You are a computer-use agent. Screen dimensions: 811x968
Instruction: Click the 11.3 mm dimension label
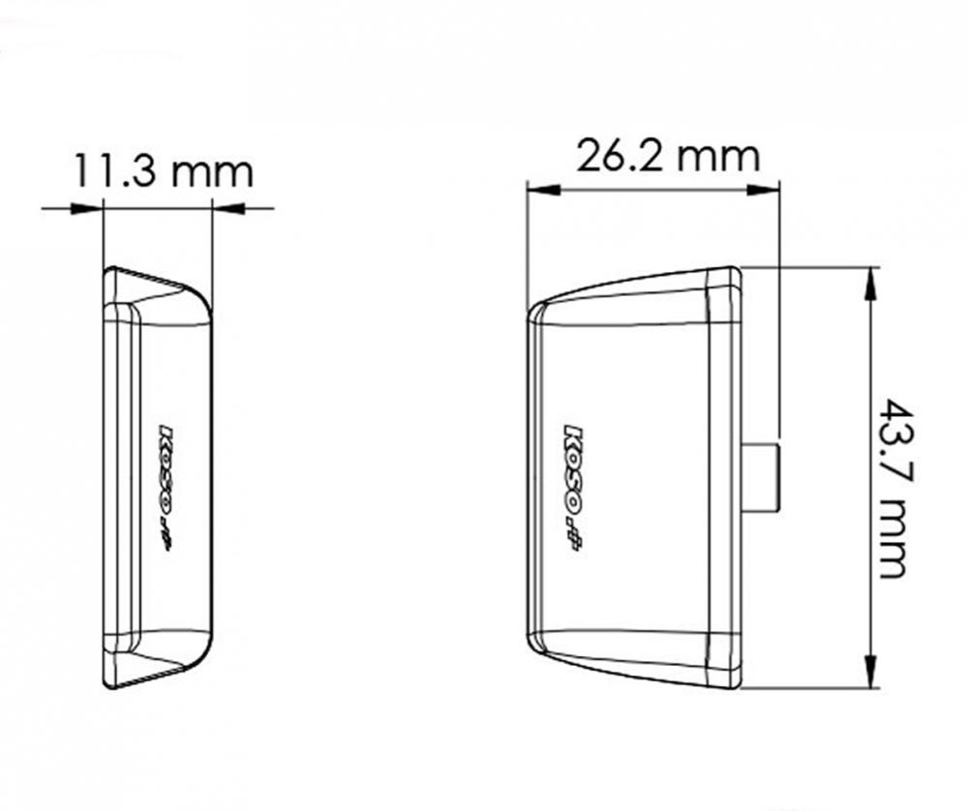click(x=163, y=171)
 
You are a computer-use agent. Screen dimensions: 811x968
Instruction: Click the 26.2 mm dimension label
click(x=668, y=155)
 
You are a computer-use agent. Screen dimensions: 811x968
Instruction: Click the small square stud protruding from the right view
click(x=761, y=476)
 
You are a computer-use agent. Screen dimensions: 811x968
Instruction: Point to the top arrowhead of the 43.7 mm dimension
click(x=870, y=280)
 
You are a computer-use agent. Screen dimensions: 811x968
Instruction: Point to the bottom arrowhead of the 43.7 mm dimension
click(x=870, y=676)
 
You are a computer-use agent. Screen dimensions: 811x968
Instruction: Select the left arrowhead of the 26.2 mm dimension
click(x=536, y=189)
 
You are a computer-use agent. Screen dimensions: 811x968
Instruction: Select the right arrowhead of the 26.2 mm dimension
click(x=769, y=189)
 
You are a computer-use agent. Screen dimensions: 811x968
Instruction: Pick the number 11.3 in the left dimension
click(x=120, y=171)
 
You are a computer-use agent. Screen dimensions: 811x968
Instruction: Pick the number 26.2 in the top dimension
click(x=616, y=155)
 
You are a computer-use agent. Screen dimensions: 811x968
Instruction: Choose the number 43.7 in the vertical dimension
click(x=892, y=440)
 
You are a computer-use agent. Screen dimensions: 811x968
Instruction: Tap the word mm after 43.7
click(x=892, y=541)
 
